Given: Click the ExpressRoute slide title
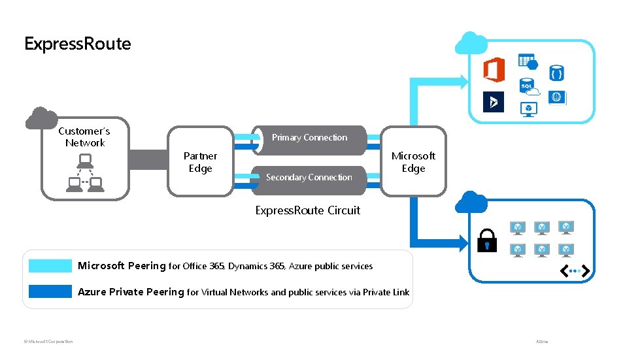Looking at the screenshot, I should point(77,44).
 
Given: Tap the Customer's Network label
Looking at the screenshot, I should point(84,137).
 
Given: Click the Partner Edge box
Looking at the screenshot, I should point(200,162).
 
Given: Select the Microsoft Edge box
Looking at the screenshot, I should point(413,162).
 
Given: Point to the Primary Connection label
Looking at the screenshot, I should point(309,137).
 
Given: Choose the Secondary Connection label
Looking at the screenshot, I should point(309,177).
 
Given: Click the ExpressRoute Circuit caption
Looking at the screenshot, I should point(307,210).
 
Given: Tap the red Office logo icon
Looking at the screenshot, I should point(494,69).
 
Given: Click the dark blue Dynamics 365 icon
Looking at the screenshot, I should point(494,101).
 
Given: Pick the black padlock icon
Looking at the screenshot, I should point(487,240).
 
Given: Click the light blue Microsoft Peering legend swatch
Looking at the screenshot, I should point(50,266).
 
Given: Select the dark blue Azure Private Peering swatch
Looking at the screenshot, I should point(50,291).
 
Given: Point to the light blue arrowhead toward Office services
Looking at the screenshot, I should point(463,82).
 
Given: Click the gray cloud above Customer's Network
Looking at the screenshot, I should point(41,118).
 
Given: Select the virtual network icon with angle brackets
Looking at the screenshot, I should point(576,270).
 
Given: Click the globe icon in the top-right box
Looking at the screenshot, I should point(556,97).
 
